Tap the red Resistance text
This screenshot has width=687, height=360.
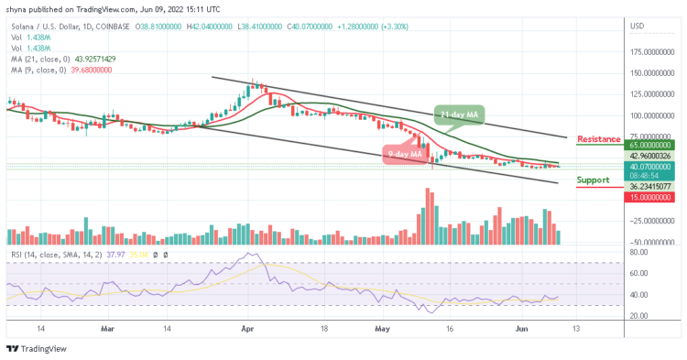pyautogui.click(x=599, y=138)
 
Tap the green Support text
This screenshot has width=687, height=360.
pyautogui.click(x=594, y=180)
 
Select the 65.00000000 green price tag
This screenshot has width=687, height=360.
pyautogui.click(x=651, y=145)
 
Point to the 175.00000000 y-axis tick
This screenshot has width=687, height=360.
pyautogui.click(x=651, y=52)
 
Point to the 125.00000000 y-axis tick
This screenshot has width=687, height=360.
pyautogui.click(x=651, y=94)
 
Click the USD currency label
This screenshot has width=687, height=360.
pyautogui.click(x=638, y=25)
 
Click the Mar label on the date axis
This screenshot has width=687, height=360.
pyautogui.click(x=108, y=326)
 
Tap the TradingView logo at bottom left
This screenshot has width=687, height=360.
pyautogui.click(x=37, y=348)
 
